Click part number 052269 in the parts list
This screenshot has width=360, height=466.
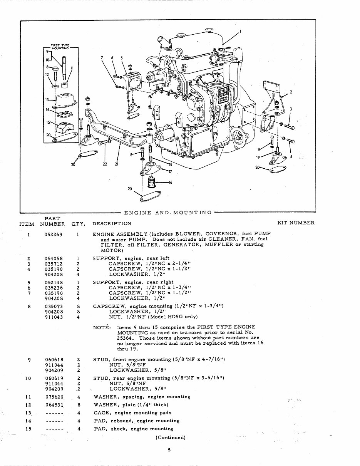coord(54,234)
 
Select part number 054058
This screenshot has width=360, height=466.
coord(54,258)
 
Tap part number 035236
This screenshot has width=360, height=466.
coord(54,288)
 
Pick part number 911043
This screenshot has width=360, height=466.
coord(54,317)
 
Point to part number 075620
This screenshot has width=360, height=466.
coord(54,397)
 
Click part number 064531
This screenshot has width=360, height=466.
coord(54,405)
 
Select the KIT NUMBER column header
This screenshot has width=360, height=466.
coord(296,223)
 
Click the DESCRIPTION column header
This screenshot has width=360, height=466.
coord(112,223)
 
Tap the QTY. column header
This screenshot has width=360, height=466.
coord(78,223)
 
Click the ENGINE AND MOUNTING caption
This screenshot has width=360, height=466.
coord(168,212)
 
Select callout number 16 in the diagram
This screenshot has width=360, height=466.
coord(170,182)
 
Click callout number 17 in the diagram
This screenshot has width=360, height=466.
coord(170,172)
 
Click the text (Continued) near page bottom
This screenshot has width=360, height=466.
coord(171,437)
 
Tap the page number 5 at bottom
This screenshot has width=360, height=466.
coord(169,449)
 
